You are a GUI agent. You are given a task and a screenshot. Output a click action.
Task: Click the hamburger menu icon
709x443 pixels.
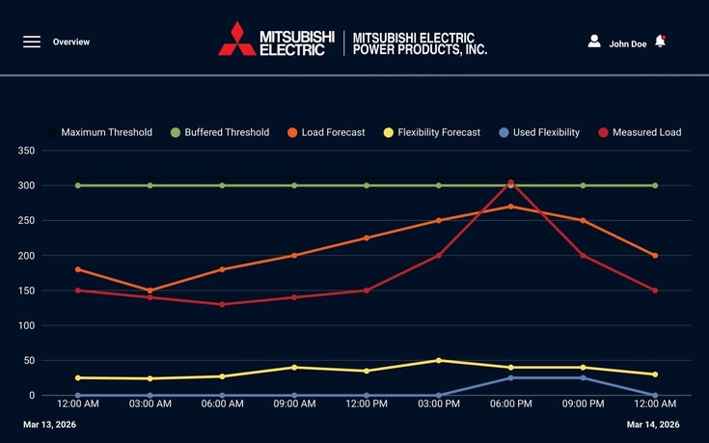click(x=32, y=42)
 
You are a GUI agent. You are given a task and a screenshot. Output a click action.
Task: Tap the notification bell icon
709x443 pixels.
click(x=660, y=42)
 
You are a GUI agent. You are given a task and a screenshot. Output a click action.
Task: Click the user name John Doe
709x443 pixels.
click(x=627, y=43)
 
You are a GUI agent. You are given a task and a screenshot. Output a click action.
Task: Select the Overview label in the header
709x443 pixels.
click(x=71, y=42)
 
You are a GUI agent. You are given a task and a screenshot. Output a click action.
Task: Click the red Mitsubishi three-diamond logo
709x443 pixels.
click(x=236, y=39)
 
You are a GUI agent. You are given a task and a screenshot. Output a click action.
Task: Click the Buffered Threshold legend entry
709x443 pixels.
click(x=220, y=132)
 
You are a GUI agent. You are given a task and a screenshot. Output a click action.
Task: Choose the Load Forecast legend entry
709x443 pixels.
click(x=325, y=132)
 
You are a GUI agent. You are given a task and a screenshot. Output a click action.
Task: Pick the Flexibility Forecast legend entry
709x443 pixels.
click(x=431, y=132)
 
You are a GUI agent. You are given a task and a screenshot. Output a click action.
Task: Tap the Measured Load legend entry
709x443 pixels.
click(x=640, y=132)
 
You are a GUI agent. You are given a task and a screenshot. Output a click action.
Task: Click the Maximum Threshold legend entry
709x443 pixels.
click(x=99, y=132)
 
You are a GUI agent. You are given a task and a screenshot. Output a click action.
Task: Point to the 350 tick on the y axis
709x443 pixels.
click(x=27, y=151)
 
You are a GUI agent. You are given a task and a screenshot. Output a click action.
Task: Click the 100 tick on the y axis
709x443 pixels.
click(x=27, y=325)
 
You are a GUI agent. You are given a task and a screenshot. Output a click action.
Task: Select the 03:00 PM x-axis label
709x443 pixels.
click(x=439, y=404)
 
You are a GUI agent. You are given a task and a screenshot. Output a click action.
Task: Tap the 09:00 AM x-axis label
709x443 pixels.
click(x=294, y=404)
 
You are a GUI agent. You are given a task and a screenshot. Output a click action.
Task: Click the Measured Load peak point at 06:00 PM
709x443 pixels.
click(x=511, y=182)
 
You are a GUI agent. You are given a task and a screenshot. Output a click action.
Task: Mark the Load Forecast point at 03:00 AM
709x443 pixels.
click(x=150, y=291)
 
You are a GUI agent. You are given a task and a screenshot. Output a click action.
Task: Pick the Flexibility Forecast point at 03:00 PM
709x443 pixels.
click(x=439, y=360)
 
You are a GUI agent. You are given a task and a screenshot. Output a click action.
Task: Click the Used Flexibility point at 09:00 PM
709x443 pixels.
click(x=583, y=377)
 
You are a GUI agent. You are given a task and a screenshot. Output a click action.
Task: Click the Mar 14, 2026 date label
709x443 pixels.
click(x=653, y=425)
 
